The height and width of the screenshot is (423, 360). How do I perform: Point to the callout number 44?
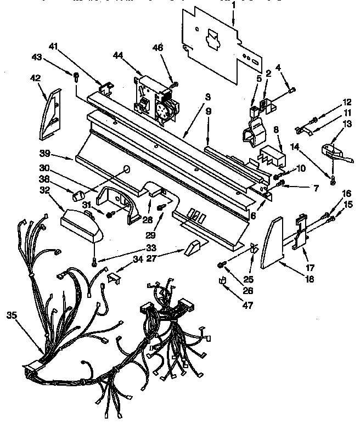pyautogui.click(x=119, y=54)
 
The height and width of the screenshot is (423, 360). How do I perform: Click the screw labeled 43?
pyautogui.click(x=76, y=75)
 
